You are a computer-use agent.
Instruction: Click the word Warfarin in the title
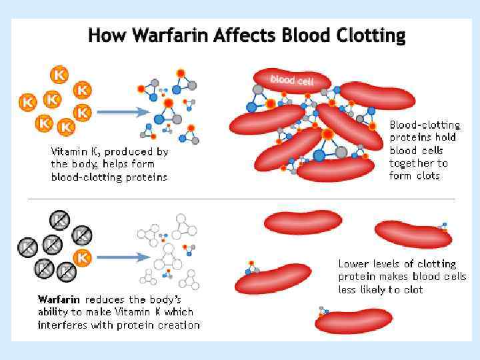pos(170,35)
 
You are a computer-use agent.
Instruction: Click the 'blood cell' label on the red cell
pos(291,80)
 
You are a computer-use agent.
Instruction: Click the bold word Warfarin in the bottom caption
pos(59,299)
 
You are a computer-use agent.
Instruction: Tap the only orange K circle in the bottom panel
pos(83,257)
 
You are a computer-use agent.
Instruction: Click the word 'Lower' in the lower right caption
pos(353,264)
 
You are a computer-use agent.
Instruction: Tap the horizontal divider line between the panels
pos(240,199)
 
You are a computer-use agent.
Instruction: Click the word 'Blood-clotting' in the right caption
pos(425,125)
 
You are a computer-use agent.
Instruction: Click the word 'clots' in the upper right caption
pos(427,176)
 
